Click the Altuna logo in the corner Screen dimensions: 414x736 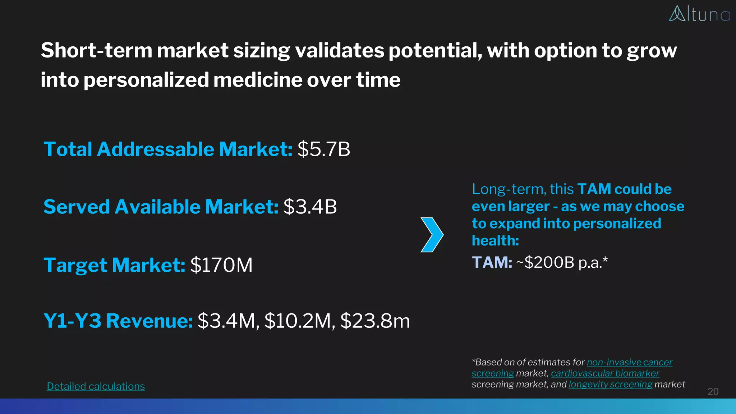pyautogui.click(x=699, y=14)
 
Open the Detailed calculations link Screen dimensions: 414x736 pyautogui.click(x=96, y=386)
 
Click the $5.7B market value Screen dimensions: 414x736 pyautogui.click(x=323, y=149)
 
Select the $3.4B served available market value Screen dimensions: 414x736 pyautogui.click(x=310, y=207)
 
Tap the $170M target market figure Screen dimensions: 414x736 pyautogui.click(x=221, y=265)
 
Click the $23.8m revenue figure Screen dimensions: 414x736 pyautogui.click(x=375, y=321)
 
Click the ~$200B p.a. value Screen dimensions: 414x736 pyautogui.click(x=562, y=263)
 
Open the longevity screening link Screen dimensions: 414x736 pyautogui.click(x=610, y=385)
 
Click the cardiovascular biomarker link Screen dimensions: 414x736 pyautogui.click(x=605, y=373)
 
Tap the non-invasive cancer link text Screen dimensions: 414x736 pyautogui.click(x=629, y=362)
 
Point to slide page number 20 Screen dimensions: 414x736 pyautogui.click(x=713, y=391)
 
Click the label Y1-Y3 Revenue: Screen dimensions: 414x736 pyautogui.click(x=118, y=321)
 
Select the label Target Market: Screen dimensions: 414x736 pyautogui.click(x=114, y=265)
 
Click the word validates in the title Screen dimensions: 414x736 pyautogui.click(x=339, y=50)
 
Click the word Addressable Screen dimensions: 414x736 pyautogui.click(x=156, y=149)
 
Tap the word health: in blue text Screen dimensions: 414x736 pyautogui.click(x=495, y=240)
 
